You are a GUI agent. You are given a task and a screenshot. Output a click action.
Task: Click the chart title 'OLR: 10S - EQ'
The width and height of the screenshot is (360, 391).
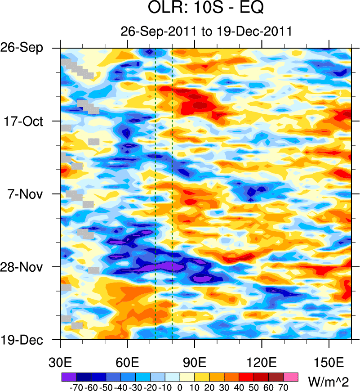[206, 8]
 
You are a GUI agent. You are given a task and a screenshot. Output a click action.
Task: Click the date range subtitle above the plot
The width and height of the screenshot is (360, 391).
[206, 31]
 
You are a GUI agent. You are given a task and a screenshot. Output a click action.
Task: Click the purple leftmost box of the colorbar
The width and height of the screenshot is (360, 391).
[68, 377]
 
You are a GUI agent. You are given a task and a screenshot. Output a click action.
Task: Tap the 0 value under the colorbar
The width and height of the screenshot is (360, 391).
[180, 387]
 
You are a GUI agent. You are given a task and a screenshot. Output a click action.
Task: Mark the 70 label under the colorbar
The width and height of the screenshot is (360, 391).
[284, 387]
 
